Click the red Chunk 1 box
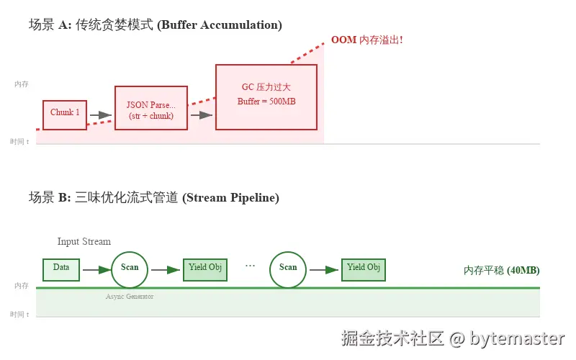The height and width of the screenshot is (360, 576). point(65,114)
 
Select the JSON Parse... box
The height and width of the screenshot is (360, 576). point(151,108)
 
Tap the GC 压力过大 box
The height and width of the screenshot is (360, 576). point(266,96)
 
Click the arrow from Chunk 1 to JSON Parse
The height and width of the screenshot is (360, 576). point(100,115)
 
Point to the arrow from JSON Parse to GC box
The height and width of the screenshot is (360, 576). point(201,115)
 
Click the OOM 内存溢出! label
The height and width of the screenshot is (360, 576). point(366,40)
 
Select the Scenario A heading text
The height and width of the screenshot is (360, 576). point(155,25)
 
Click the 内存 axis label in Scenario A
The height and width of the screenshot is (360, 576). point(22,84)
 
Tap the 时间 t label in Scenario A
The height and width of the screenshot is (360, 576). point(19,142)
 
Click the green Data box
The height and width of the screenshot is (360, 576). point(61,269)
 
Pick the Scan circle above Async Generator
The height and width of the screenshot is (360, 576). point(130,269)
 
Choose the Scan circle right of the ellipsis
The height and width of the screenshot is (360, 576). point(288,269)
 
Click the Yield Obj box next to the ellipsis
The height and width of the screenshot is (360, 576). point(205,269)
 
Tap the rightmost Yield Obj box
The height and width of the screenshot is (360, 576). point(364,269)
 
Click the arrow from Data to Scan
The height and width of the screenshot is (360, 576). point(95,270)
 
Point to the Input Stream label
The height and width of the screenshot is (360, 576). point(84,241)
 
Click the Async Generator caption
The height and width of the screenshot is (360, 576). point(130,296)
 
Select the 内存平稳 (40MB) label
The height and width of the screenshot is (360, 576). point(502,271)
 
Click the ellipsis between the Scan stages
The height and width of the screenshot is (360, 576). point(250,266)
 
